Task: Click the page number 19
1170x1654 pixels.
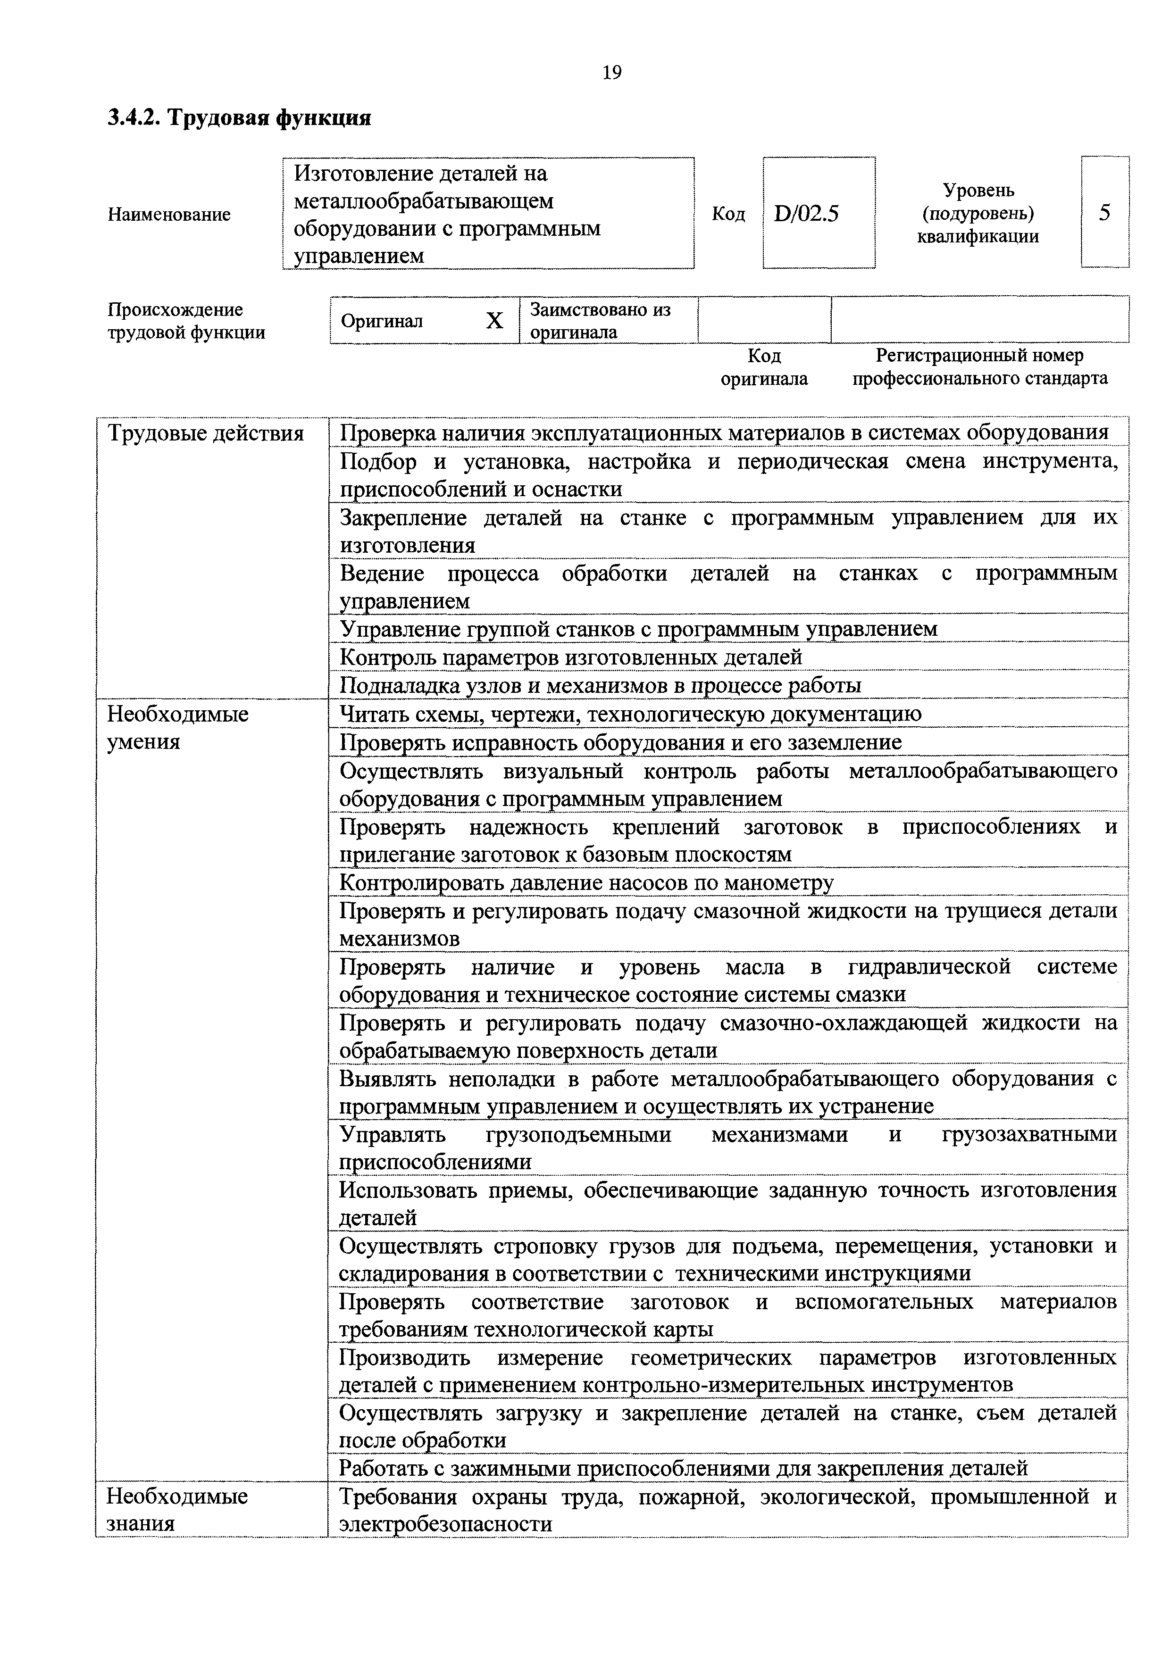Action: [611, 73]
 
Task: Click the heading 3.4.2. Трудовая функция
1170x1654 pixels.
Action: [239, 117]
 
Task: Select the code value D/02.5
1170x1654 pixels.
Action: [806, 214]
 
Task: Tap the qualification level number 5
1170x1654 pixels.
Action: [1104, 213]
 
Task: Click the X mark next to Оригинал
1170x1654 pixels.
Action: [494, 321]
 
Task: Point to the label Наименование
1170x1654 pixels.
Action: [169, 215]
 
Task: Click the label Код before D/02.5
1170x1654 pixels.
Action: [727, 215]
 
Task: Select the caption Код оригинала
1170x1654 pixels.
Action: [764, 367]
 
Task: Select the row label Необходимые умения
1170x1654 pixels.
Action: [178, 728]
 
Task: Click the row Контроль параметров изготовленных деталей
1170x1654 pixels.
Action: [570, 657]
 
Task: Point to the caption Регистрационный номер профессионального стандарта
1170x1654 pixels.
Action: [980, 367]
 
